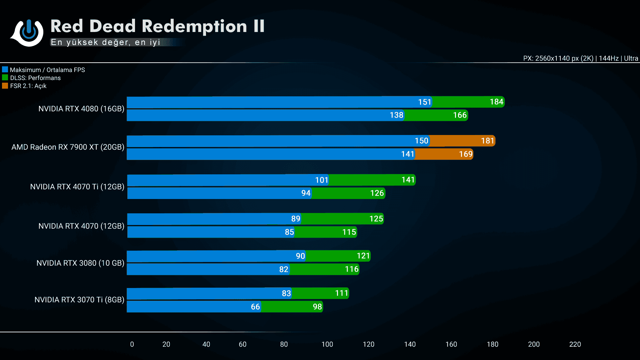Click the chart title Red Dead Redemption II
click(157, 26)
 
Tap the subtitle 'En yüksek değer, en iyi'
click(106, 42)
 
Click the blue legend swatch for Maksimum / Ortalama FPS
click(5, 70)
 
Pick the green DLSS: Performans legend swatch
click(5, 78)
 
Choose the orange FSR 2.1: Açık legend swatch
click(5, 86)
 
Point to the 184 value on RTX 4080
click(496, 102)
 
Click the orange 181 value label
click(487, 141)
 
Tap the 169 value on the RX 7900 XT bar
click(466, 154)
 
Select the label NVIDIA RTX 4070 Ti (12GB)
click(77, 187)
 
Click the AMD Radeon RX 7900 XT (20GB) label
click(68, 147)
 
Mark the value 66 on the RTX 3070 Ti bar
click(255, 307)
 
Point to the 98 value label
click(317, 307)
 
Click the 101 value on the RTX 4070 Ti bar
click(322, 180)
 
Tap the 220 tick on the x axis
click(575, 344)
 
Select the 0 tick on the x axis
click(132, 344)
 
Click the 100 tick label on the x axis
click(327, 344)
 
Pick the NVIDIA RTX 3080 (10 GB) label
click(80, 263)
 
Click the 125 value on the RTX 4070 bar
click(376, 219)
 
